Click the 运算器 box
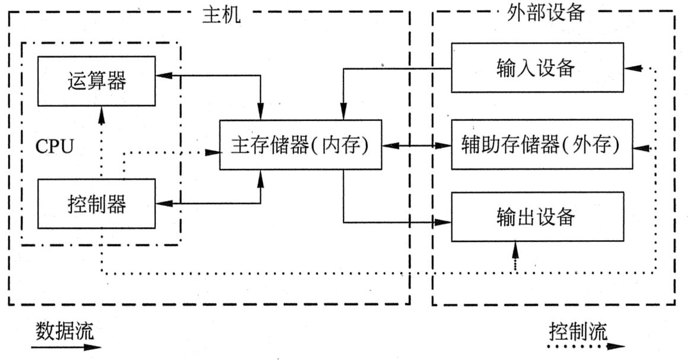pyautogui.click(x=96, y=81)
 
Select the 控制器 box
pyautogui.click(x=96, y=205)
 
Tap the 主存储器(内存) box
pyautogui.click(x=300, y=145)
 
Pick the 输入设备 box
pyautogui.click(x=537, y=68)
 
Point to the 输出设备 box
pyautogui.click(x=537, y=216)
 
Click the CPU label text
pyautogui.click(x=55, y=146)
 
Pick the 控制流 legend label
pyautogui.click(x=578, y=331)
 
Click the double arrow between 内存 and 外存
pyautogui.click(x=415, y=145)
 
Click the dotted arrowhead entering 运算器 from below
pyautogui.click(x=101, y=113)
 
